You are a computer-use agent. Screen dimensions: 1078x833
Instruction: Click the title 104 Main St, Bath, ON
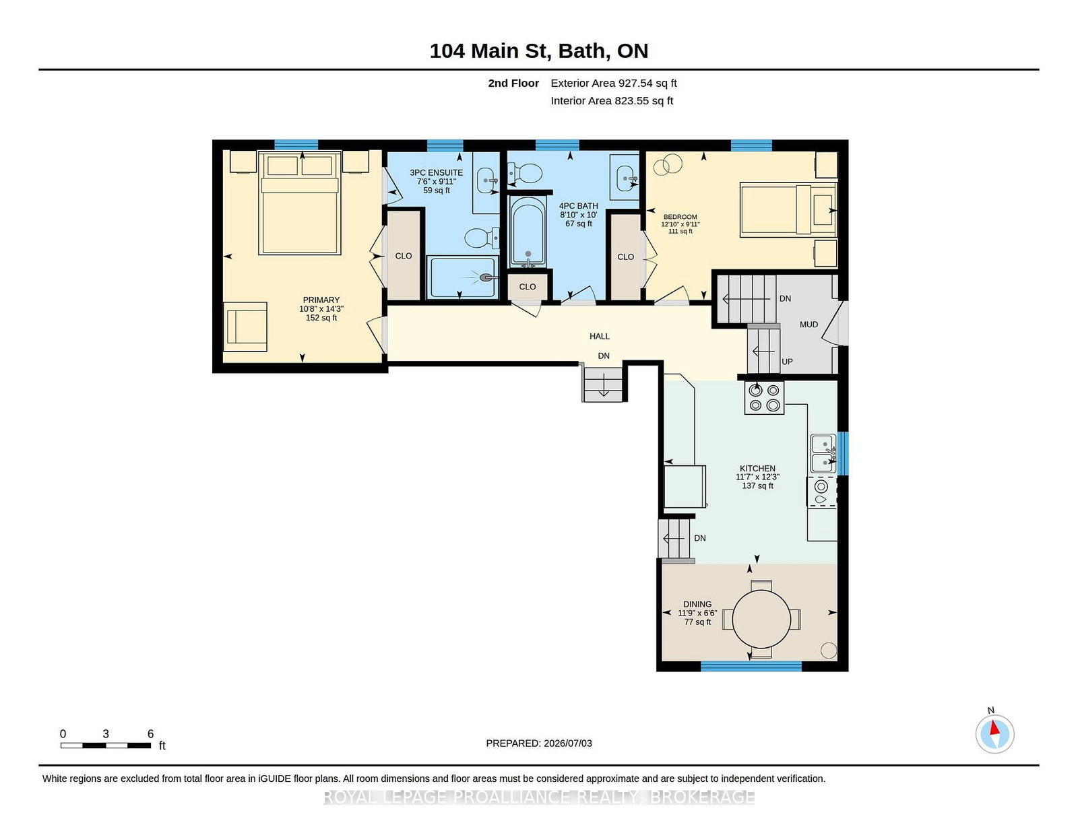click(x=539, y=51)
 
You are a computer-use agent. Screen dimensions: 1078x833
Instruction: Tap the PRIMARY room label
click(x=321, y=300)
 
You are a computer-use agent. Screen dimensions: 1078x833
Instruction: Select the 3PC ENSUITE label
click(x=436, y=172)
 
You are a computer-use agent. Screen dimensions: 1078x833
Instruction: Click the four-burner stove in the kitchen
click(x=764, y=398)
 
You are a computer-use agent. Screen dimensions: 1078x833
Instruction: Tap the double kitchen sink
click(x=823, y=453)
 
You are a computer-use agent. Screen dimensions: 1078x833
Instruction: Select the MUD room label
click(x=808, y=325)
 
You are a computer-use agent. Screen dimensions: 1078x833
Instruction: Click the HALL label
click(x=599, y=336)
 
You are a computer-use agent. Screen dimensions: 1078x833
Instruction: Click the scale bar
click(x=106, y=745)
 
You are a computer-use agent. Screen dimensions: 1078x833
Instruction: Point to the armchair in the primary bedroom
click(x=246, y=327)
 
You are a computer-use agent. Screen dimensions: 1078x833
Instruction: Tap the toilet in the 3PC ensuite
click(x=482, y=238)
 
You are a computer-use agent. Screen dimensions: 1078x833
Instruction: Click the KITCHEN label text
click(x=757, y=469)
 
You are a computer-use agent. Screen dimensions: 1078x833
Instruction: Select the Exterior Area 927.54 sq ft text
click(x=614, y=84)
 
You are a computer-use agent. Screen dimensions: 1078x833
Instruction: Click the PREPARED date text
click(x=539, y=743)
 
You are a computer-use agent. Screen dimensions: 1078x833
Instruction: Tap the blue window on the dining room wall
click(x=751, y=666)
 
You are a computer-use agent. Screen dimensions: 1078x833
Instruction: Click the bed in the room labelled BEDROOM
click(x=788, y=209)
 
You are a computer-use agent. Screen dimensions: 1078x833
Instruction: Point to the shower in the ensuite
click(x=462, y=277)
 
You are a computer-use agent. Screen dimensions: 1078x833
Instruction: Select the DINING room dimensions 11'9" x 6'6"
click(x=697, y=613)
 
